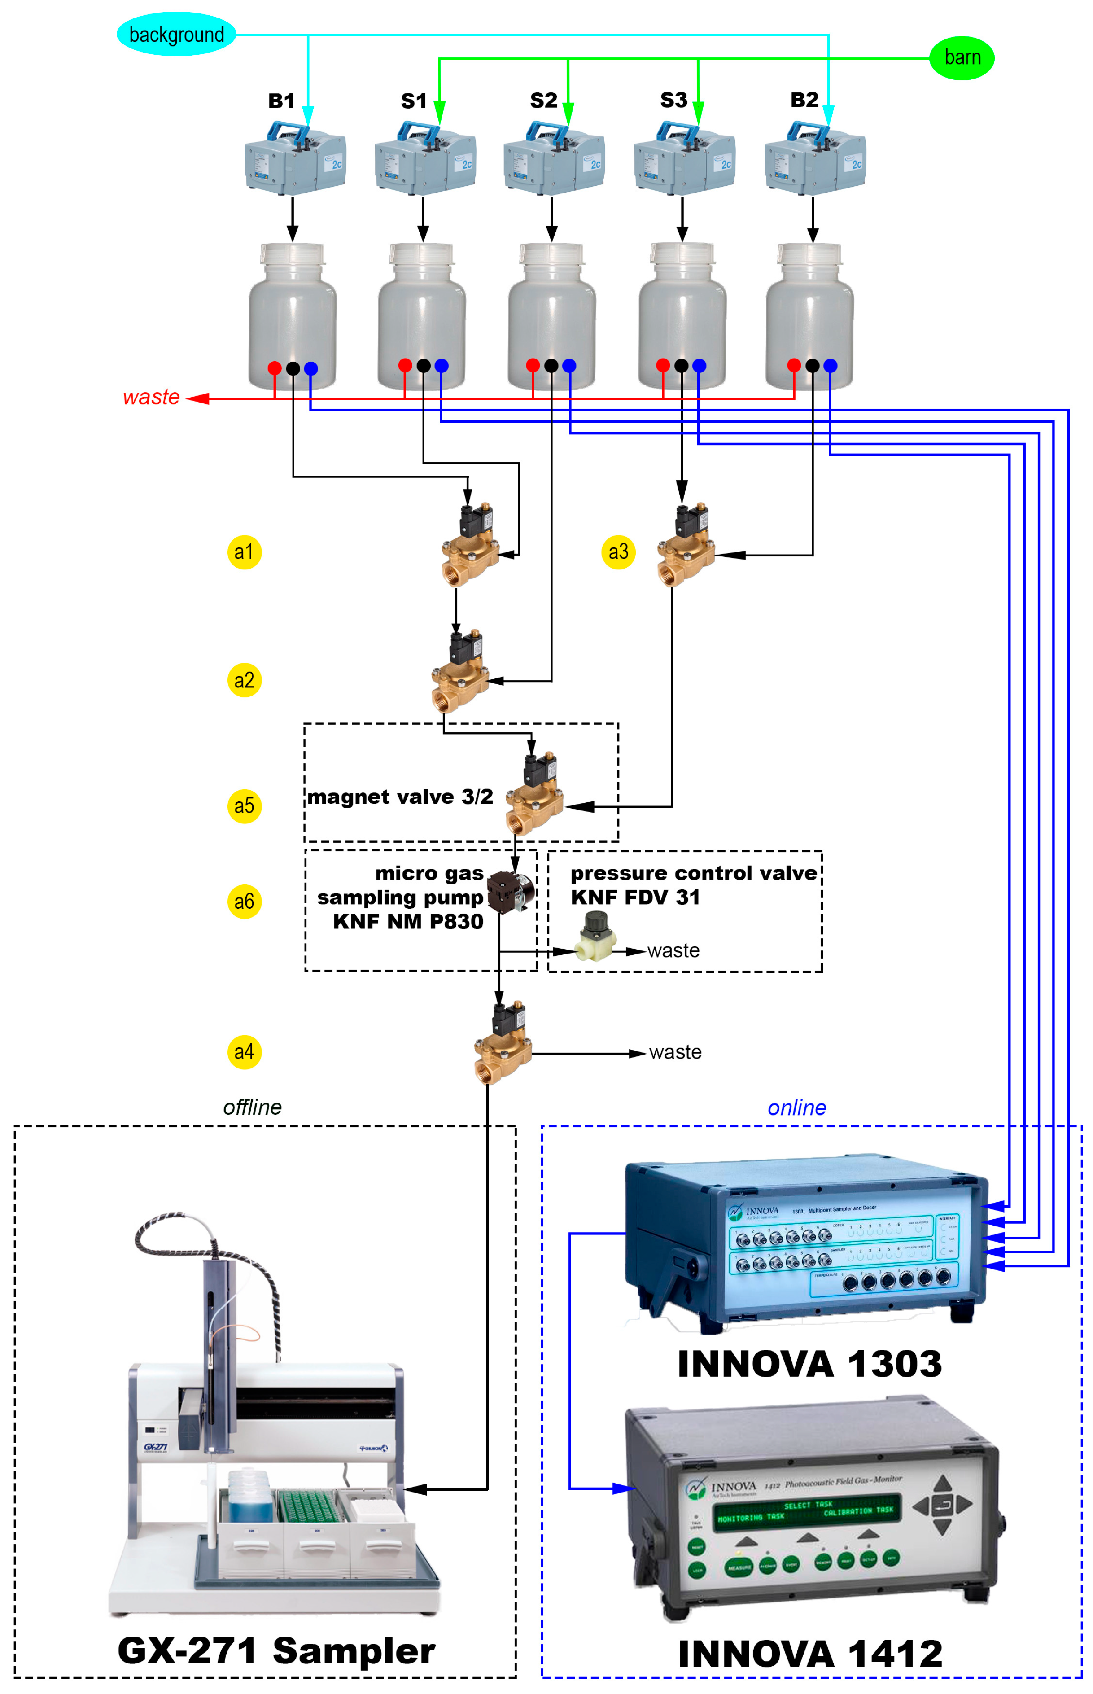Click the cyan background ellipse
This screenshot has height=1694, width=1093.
click(176, 34)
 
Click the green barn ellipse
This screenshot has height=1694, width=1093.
click(962, 57)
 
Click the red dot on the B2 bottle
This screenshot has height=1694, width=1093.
click(794, 365)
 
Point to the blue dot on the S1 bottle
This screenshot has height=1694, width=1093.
click(442, 365)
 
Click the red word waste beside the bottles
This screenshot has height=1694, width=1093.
click(151, 398)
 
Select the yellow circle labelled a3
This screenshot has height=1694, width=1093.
click(618, 552)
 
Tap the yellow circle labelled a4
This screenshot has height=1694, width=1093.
click(244, 1052)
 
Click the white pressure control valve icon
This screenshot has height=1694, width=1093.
click(595, 938)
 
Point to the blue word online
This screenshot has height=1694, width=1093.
click(796, 1108)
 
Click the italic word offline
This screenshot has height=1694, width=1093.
click(252, 1107)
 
